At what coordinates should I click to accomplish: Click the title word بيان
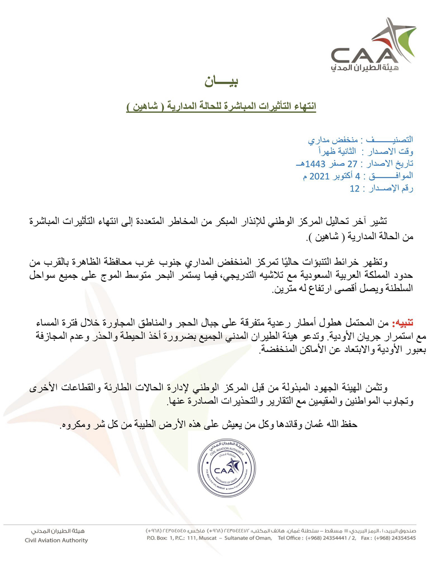(221, 81)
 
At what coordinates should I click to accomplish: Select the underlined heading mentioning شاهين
(221, 106)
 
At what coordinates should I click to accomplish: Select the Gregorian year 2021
(319, 176)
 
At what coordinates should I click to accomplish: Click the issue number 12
(354, 189)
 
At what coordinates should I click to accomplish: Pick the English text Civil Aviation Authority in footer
(56, 540)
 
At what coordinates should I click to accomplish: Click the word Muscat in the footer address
(207, 538)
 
